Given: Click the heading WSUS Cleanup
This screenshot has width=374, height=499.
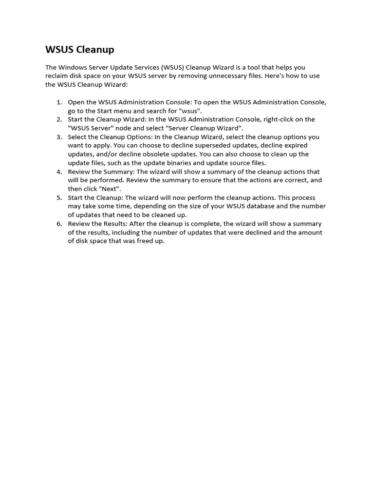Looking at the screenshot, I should [80, 50].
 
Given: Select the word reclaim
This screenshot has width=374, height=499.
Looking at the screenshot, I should [58, 76].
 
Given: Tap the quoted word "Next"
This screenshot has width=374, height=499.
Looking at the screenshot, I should [111, 189].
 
